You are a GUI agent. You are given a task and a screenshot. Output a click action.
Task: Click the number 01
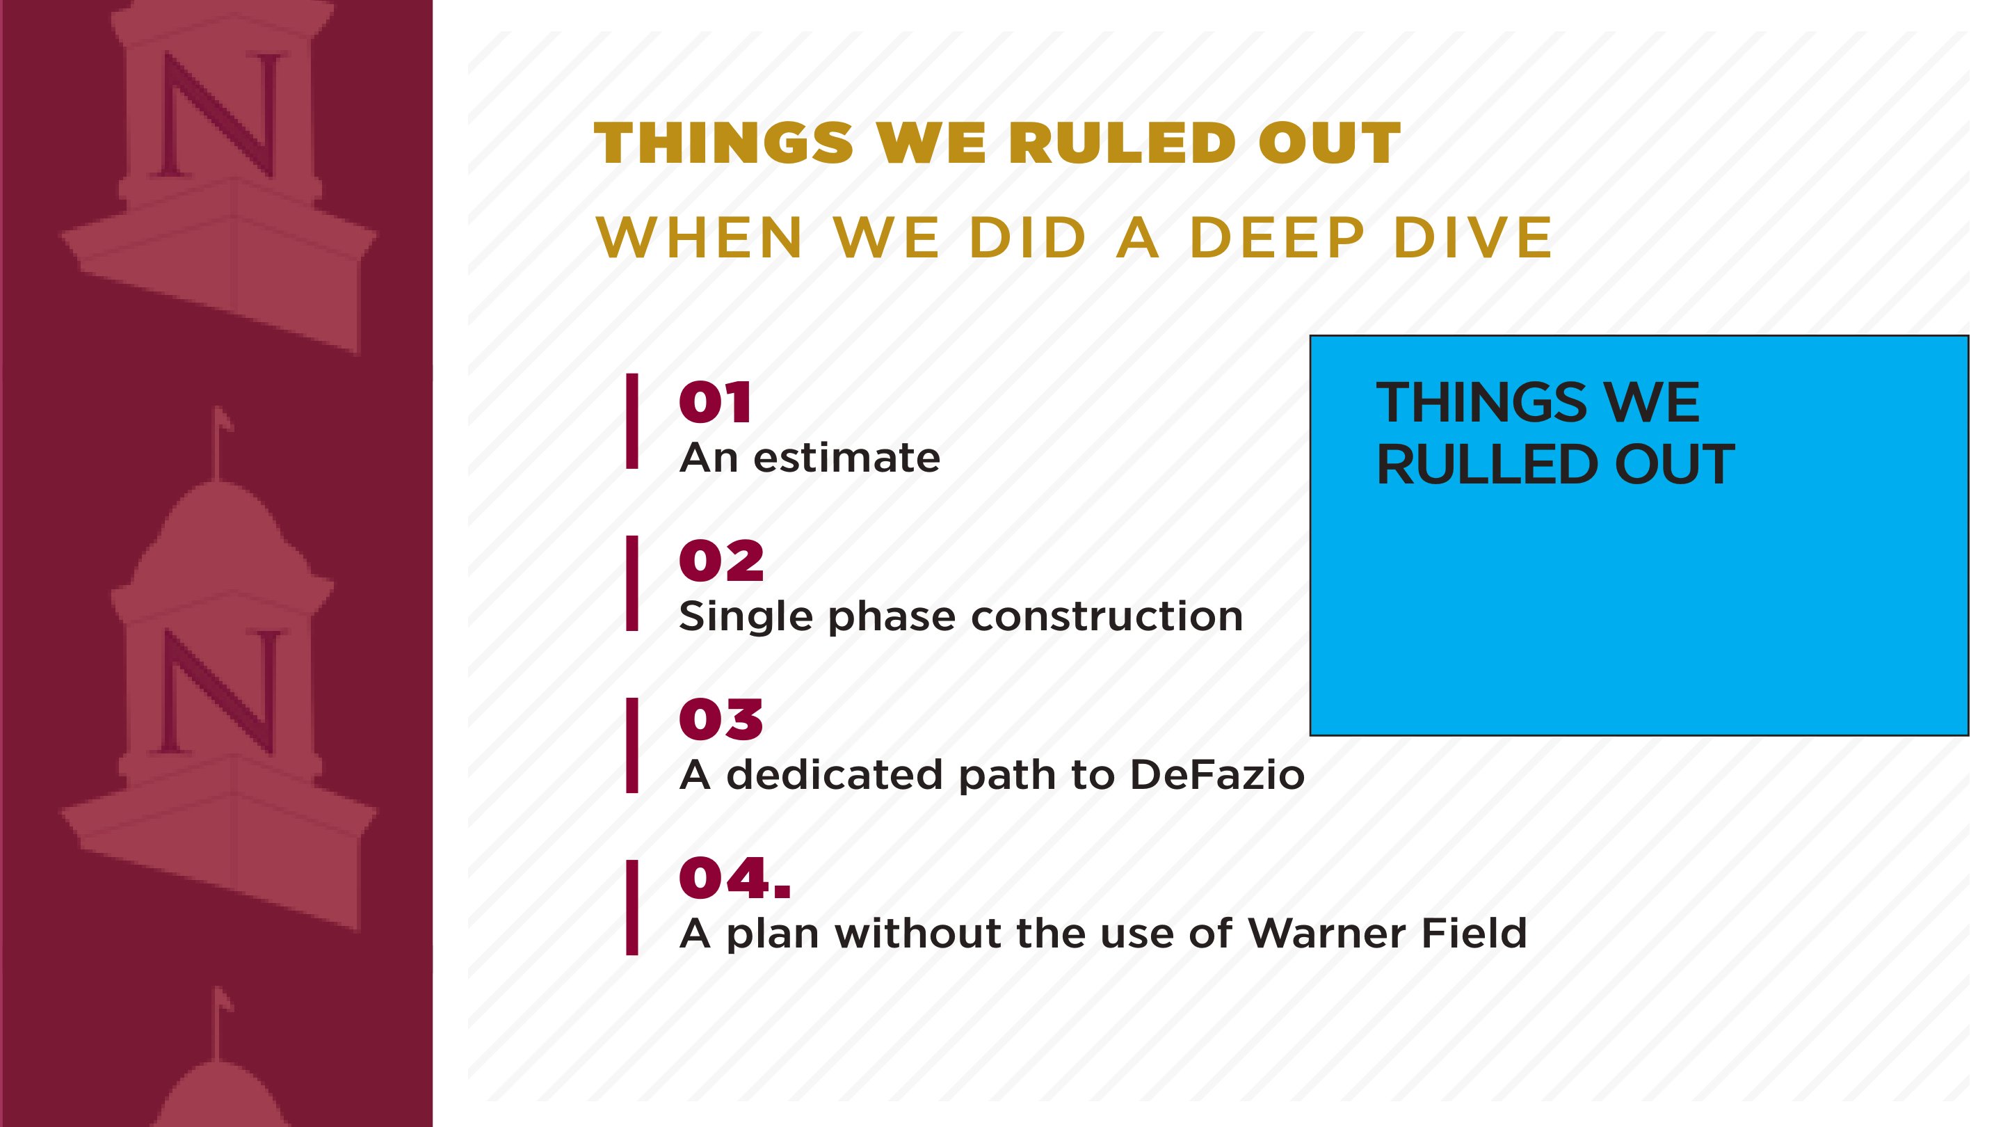click(714, 403)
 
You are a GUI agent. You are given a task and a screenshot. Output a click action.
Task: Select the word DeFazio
click(1216, 775)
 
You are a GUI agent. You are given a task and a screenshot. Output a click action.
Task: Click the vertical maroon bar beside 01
click(632, 422)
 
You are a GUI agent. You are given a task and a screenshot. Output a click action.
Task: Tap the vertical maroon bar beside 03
click(632, 745)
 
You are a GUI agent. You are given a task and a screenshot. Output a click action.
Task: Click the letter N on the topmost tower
click(220, 115)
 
